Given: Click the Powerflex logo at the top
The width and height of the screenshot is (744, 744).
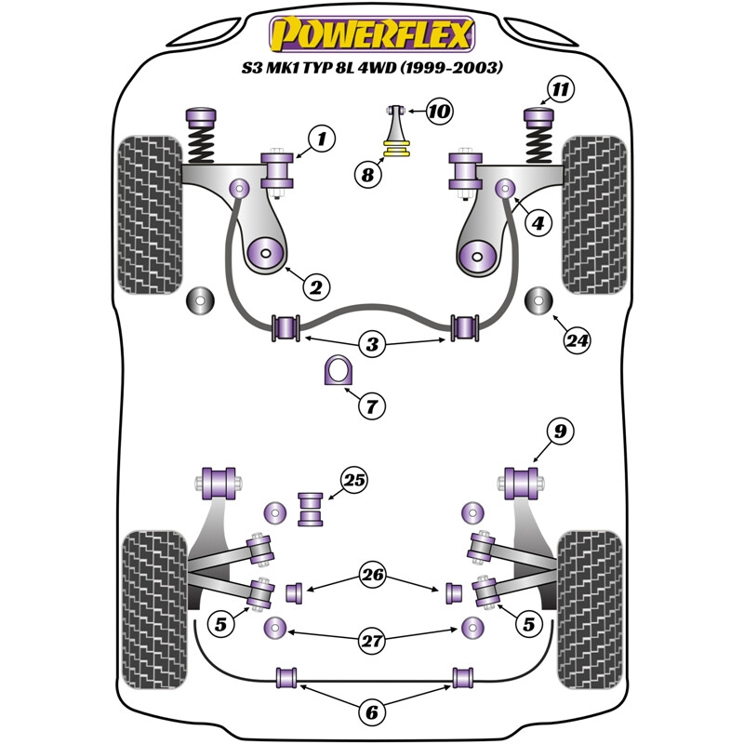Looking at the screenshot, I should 370,34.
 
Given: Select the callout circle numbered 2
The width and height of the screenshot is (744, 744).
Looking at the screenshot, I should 315,288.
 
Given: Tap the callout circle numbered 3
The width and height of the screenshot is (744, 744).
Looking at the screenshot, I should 373,345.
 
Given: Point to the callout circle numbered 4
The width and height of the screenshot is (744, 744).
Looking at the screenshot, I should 538,222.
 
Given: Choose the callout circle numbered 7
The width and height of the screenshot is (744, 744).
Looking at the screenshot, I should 370,405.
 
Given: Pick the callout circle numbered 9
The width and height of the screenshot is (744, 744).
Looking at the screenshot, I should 560,431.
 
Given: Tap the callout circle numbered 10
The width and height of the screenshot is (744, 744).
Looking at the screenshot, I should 439,113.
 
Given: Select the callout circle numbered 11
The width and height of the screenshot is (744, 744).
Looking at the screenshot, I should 560,89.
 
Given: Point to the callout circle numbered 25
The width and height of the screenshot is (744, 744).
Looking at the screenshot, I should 353,481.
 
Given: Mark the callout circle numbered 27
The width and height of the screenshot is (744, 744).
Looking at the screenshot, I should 373,639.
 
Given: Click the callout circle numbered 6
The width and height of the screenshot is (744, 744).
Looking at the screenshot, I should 371,712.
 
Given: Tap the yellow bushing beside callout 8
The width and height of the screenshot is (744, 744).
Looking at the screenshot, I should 399,148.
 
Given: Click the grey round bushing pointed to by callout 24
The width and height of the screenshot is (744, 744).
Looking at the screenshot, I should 538,301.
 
